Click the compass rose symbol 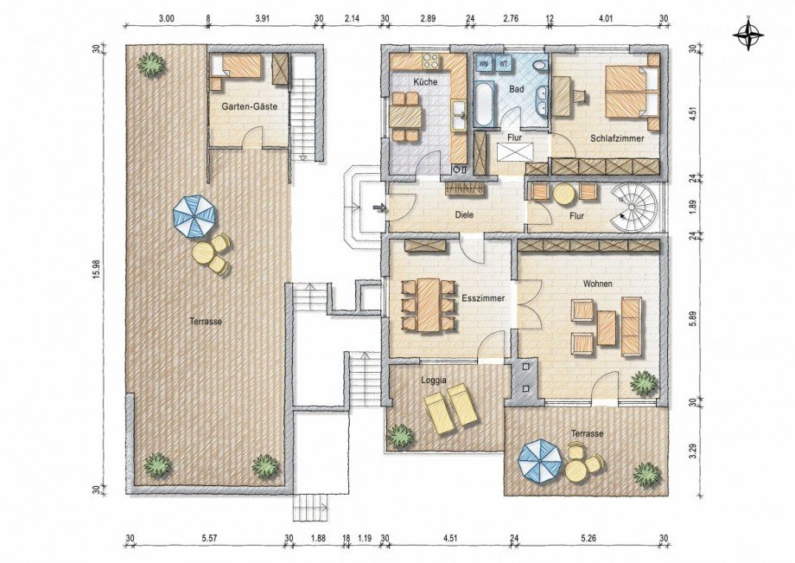click(748, 35)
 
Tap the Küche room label click(425, 81)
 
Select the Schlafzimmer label click(616, 138)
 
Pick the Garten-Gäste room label click(249, 107)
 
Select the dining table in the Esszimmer click(429, 304)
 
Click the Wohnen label click(597, 284)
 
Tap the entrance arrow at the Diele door click(378, 207)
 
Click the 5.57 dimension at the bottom click(209, 539)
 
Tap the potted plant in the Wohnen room click(644, 383)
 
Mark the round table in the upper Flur click(563, 194)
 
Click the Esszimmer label click(483, 298)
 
